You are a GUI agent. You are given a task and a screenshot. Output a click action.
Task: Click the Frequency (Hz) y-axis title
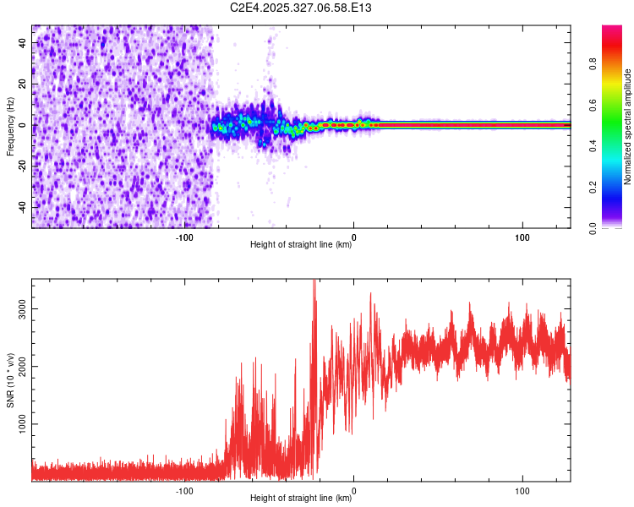[10, 126]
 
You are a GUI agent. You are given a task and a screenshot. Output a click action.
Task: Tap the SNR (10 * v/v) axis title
[10, 379]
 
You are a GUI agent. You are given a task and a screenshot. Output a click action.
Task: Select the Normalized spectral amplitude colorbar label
[628, 127]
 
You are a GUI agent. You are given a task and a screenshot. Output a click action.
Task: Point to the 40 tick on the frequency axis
[23, 43]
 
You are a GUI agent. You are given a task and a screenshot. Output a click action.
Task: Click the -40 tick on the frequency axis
[21, 208]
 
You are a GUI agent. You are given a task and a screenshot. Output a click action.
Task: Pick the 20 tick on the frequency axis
[23, 84]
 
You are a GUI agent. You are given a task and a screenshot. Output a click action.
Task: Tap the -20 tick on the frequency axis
[21, 166]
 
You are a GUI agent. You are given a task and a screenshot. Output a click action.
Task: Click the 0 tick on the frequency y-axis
[25, 125]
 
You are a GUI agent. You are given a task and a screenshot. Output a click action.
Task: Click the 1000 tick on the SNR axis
[23, 424]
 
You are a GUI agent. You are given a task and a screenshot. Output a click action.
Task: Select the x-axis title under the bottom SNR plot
[301, 499]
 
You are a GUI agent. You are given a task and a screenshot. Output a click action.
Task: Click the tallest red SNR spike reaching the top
[314, 282]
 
